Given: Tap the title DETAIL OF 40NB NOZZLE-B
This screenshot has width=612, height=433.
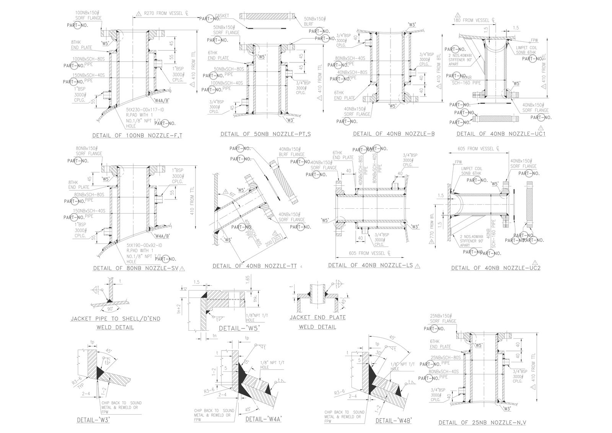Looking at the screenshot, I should pyautogui.click(x=394, y=134).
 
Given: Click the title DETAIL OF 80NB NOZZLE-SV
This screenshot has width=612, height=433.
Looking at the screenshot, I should pyautogui.click(x=135, y=268).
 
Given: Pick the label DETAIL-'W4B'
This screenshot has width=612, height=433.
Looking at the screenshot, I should pyautogui.click(x=394, y=420).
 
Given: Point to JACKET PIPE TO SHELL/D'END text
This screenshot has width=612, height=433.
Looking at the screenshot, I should pyautogui.click(x=115, y=319).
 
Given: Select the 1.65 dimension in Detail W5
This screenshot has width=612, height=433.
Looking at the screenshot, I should pyautogui.click(x=247, y=279).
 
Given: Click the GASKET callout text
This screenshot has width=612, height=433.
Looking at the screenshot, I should pyautogui.click(x=222, y=16).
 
